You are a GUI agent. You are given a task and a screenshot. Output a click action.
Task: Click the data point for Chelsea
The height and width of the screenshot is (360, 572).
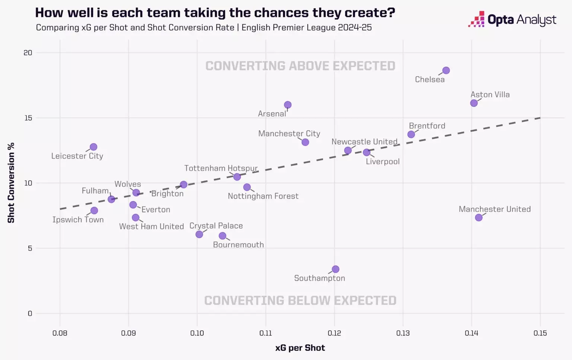coord(446,70)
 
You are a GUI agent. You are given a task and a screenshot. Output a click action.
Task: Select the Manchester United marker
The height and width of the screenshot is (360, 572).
coord(479,217)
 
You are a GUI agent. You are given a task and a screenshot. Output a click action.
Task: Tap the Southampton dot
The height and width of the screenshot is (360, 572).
coord(336,269)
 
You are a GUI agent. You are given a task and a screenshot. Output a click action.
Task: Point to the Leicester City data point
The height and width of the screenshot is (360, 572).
coord(93,147)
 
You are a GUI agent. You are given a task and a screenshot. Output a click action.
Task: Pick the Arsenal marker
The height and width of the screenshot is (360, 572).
coord(288,105)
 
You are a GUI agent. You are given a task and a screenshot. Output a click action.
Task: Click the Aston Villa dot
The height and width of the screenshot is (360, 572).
coord(474,103)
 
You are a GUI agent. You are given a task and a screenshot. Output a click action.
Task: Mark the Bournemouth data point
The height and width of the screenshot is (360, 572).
coord(222,236)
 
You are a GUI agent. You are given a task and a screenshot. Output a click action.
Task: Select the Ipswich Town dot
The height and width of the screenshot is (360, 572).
coord(94,211)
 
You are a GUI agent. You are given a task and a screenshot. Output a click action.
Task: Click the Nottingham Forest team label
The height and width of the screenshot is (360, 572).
coord(263,196)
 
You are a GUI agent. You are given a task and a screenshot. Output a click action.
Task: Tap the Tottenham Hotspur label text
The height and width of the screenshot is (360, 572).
coord(221,168)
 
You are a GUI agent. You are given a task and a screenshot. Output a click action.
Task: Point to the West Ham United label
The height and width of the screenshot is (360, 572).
coord(152,226)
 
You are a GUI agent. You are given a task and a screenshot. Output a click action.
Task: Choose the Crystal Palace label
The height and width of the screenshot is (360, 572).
coord(216,226)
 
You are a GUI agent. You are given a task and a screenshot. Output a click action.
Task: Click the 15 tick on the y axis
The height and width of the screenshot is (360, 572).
coord(28,118)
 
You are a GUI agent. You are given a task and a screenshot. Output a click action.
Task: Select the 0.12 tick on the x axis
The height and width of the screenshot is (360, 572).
coord(334,333)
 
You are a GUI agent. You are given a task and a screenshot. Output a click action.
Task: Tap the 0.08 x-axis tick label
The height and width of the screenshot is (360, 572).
coord(60,333)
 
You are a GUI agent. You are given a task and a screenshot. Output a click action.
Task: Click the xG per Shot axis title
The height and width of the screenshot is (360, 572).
coord(300,348)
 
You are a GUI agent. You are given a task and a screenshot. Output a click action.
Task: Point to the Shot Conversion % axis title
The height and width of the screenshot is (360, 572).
coord(11,183)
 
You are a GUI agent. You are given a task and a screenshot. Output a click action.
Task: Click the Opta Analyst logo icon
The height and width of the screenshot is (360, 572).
coord(477,19)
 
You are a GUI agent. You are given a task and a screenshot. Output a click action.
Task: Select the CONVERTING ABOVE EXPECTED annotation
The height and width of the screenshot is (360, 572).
coord(300,66)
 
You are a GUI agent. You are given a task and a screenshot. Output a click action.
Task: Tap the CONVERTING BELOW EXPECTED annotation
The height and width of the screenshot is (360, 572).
coord(300,300)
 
